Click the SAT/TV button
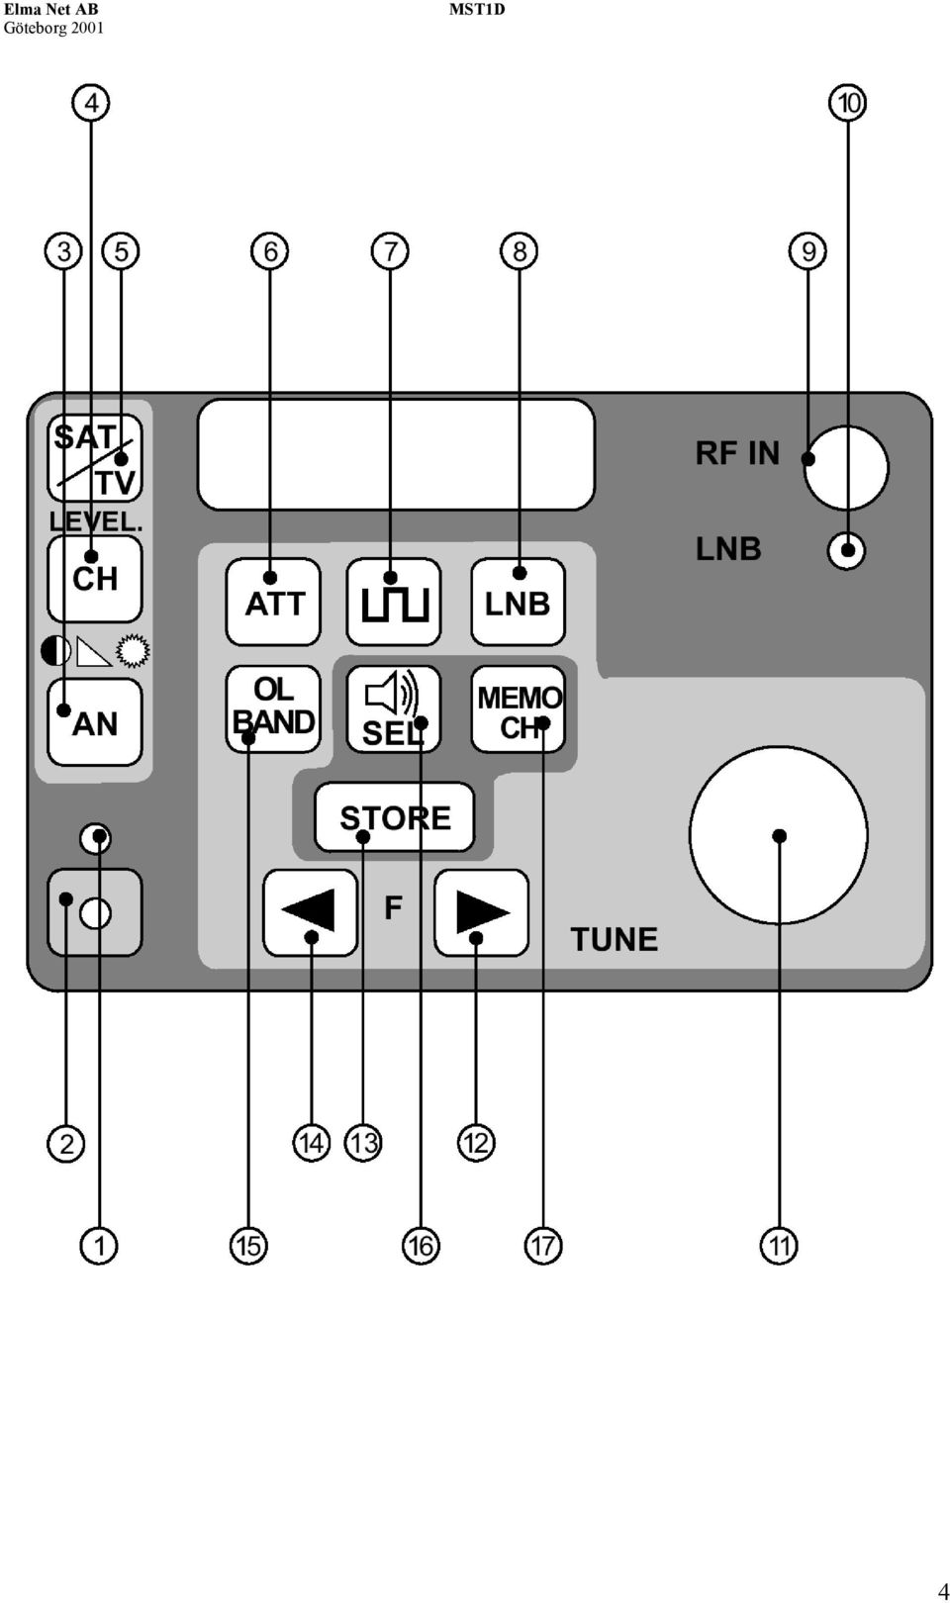click(x=94, y=458)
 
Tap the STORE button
click(x=395, y=816)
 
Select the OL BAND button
click(x=273, y=708)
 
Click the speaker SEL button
click(x=393, y=708)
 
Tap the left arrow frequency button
click(x=310, y=912)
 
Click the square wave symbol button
click(x=393, y=602)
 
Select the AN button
click(x=94, y=722)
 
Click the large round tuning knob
click(x=779, y=835)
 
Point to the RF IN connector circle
click(x=845, y=468)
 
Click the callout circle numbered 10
click(x=848, y=103)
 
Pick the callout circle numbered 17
click(x=542, y=1245)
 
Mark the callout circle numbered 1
click(x=99, y=1245)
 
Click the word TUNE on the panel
click(x=615, y=939)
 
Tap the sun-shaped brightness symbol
click(x=133, y=651)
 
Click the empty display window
click(x=396, y=454)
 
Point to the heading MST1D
click(x=477, y=9)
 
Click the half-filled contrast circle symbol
click(x=55, y=651)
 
